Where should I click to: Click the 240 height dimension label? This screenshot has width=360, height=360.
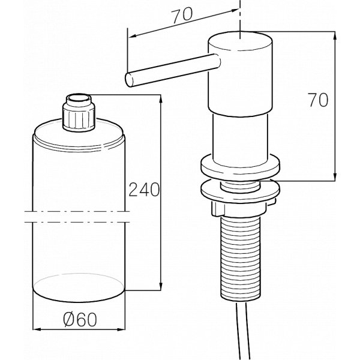[x=144, y=190]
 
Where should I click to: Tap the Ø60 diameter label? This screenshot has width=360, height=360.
[x=80, y=320]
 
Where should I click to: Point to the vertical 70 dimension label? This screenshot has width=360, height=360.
[x=318, y=100]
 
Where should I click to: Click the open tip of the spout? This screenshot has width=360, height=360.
[x=129, y=80]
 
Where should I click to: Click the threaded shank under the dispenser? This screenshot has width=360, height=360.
[x=241, y=258]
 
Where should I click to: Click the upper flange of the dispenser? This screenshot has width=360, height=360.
[x=241, y=167]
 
